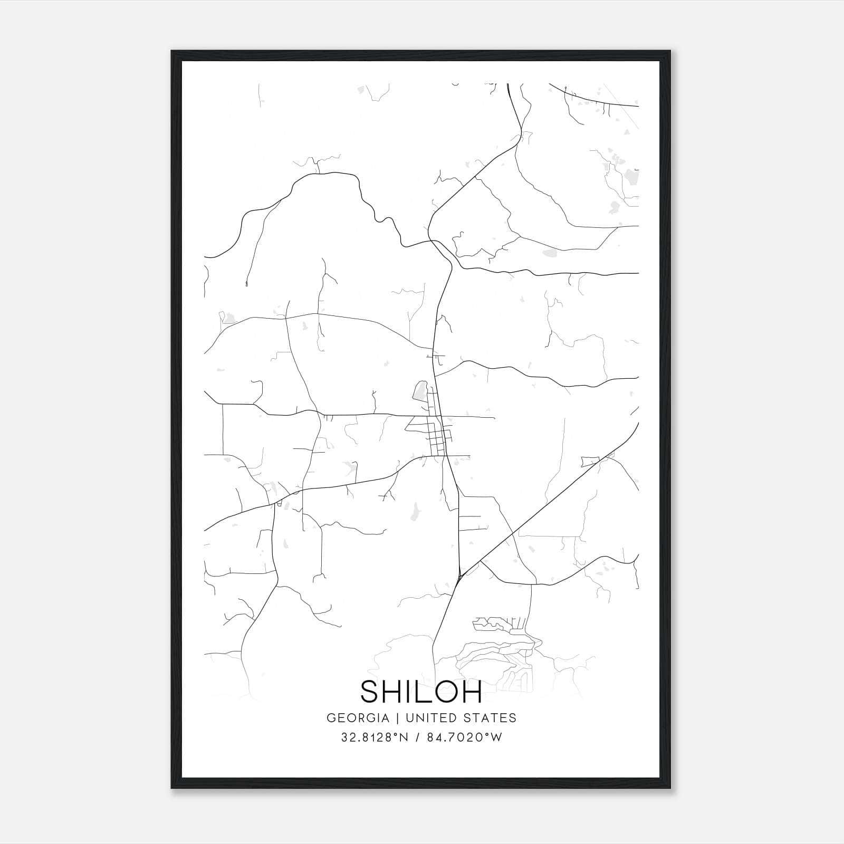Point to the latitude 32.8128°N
tap(375, 737)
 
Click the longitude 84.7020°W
tap(466, 737)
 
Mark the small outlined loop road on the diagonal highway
tap(590, 462)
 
